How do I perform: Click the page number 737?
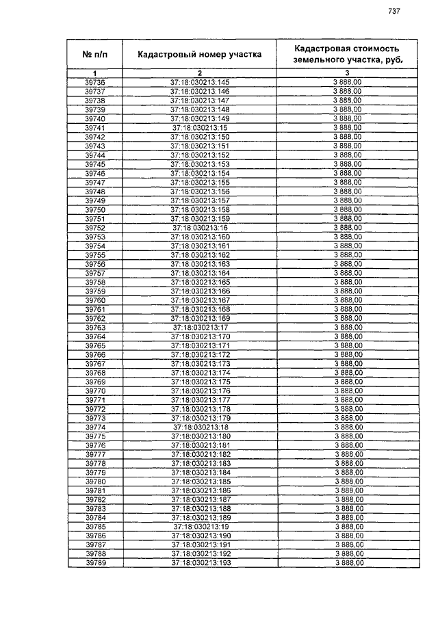pos(394,11)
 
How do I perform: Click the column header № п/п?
pos(95,54)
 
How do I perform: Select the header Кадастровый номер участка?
pos(199,54)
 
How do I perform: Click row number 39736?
pos(95,82)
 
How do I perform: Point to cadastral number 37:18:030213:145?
pos(200,82)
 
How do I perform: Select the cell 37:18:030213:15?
pos(200,128)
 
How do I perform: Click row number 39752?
pos(95,228)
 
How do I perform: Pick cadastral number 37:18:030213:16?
pos(200,228)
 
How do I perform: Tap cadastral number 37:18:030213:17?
pos(200,328)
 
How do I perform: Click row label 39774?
pos(95,427)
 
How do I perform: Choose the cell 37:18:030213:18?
pos(200,427)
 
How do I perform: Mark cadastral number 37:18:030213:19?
pos(200,527)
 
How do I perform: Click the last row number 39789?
pos(95,563)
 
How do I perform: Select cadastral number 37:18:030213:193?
pos(200,563)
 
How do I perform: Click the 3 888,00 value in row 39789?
pos(348,563)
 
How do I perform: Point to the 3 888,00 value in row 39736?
pos(346,82)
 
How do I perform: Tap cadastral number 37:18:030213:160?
pos(200,237)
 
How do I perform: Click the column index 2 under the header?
pos(200,73)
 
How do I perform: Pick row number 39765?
pos(95,345)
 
